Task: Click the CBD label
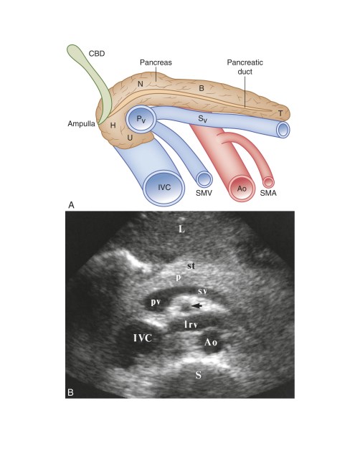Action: coord(97,54)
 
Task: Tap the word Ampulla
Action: coord(81,123)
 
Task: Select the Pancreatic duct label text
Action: coord(245,67)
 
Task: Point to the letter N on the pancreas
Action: coord(141,84)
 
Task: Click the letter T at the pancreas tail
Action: coord(280,113)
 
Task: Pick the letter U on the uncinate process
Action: coord(130,138)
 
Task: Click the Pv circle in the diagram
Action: coord(141,120)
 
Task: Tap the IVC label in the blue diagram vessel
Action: coord(164,187)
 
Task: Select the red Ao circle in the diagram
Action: coord(242,188)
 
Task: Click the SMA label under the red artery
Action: coord(268,193)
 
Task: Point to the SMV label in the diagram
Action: coord(204,193)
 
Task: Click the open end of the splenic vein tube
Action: coord(283,130)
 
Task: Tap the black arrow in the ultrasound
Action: coord(196,305)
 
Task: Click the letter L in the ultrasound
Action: coord(181,229)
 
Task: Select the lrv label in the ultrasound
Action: coord(191,325)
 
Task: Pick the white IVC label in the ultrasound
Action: coord(143,338)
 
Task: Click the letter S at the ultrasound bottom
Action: coord(198,375)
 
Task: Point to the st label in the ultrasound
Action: coord(191,266)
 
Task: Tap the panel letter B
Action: coord(70,392)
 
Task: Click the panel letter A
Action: coord(71,205)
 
